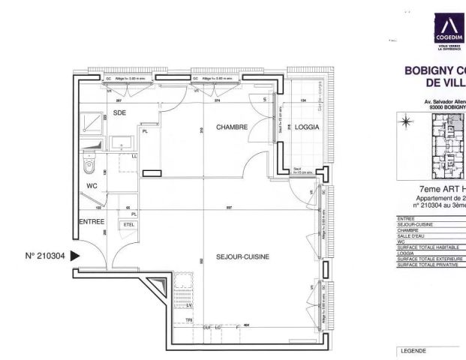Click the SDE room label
tap(119, 112)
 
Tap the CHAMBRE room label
tap(232, 127)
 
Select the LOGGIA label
tap(307, 127)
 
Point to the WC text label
tap(92, 184)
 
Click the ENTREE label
tap(92, 221)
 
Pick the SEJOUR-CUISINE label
tap(242, 256)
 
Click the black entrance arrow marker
tap(75, 256)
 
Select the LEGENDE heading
tap(413, 350)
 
